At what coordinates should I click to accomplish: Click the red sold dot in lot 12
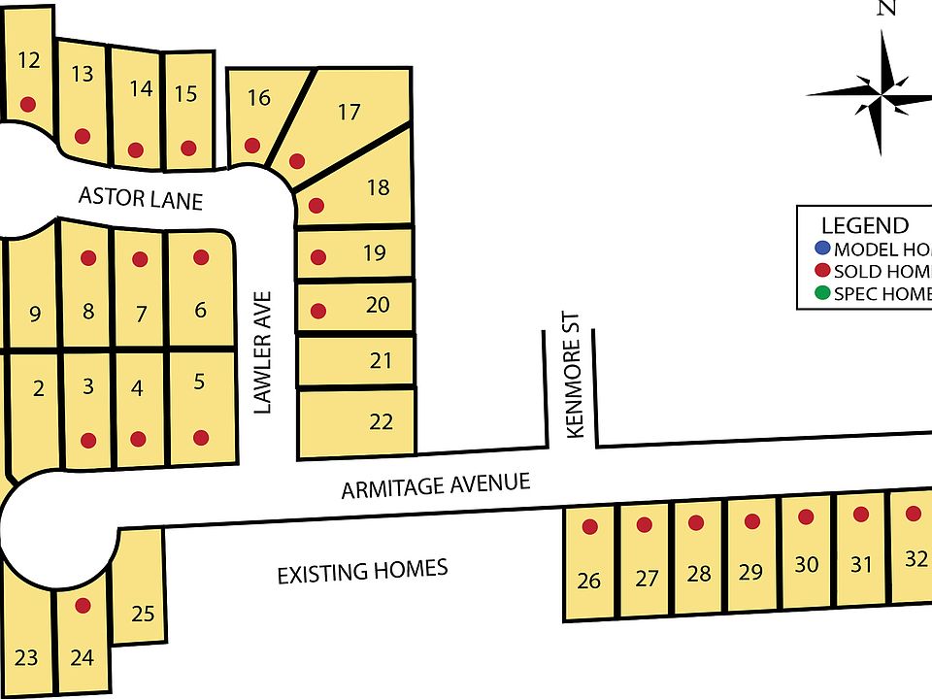(28, 104)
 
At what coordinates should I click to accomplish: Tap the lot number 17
(349, 113)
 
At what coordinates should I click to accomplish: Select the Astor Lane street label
(141, 199)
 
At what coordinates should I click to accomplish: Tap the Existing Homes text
(362, 571)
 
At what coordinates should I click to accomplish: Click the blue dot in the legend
(823, 249)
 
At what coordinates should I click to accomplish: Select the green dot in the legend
(823, 293)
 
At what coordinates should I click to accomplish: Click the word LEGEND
(864, 225)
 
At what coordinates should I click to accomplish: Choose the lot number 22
(382, 421)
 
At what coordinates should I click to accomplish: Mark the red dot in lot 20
(316, 312)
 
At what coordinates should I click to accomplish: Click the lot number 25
(143, 614)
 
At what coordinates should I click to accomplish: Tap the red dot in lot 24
(83, 606)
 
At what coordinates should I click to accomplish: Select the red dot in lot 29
(751, 521)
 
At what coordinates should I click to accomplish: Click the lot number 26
(588, 582)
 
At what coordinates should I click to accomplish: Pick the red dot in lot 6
(201, 257)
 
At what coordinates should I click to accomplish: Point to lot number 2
(39, 389)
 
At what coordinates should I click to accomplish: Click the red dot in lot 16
(252, 146)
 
